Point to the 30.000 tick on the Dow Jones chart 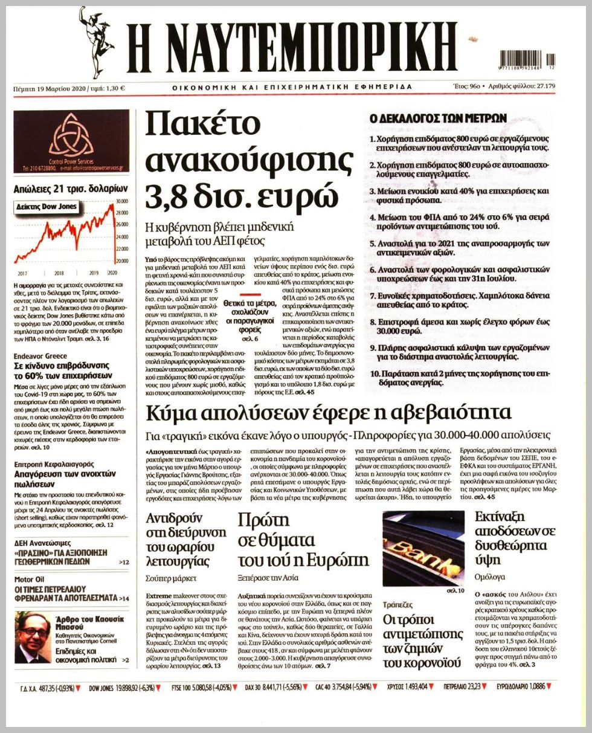click(x=122, y=201)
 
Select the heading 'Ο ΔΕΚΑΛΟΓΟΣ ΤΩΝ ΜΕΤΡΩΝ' click(x=438, y=118)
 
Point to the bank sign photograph click(x=423, y=547)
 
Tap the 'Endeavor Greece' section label click(x=40, y=356)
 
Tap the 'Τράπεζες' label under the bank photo click(x=397, y=604)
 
